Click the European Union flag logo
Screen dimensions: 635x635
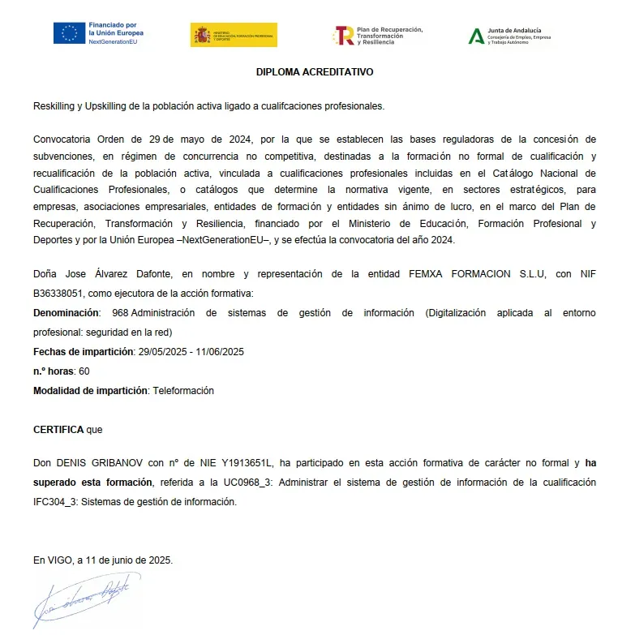[70, 33]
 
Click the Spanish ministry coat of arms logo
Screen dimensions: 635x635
[200, 35]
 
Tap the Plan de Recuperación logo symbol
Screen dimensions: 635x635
[344, 35]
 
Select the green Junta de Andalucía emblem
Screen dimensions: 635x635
[476, 36]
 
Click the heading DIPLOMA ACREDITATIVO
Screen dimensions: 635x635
[315, 71]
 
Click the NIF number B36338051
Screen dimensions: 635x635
[59, 293]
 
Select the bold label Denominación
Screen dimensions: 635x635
[67, 313]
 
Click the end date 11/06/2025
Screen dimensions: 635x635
[221, 352]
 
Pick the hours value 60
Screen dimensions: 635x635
[84, 371]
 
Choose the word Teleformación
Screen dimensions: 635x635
[183, 391]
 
